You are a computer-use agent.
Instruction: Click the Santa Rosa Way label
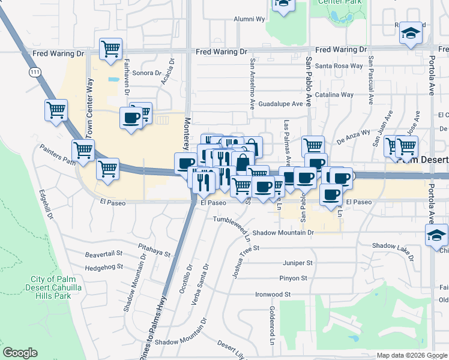(339, 66)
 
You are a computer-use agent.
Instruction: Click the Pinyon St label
(293, 278)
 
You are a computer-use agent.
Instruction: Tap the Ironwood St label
(273, 295)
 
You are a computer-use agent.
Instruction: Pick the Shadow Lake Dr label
(393, 246)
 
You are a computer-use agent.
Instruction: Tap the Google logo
(20, 353)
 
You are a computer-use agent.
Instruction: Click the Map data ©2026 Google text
(411, 355)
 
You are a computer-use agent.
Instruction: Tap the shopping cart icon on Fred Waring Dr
(110, 49)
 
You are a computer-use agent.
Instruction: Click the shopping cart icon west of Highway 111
(55, 110)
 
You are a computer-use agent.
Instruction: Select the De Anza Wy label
(353, 137)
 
